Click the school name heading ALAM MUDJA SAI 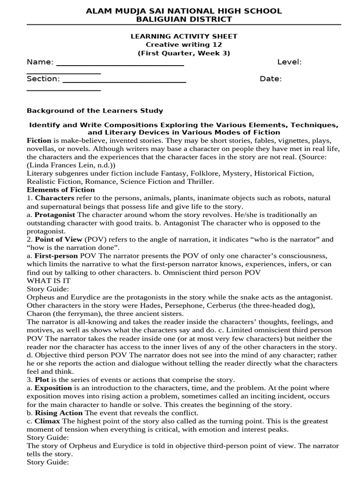pyautogui.click(x=183, y=11)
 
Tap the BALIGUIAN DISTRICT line pyautogui.click(x=184, y=19)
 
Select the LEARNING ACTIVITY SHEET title pyautogui.click(x=184, y=36)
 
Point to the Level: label pyautogui.click(x=289, y=62)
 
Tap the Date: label pyautogui.click(x=270, y=79)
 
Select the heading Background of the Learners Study pyautogui.click(x=95, y=111)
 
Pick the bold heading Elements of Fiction pyautogui.click(x=60, y=190)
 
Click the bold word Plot pyautogui.click(x=41, y=379)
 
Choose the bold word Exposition pyautogui.click(x=53, y=388)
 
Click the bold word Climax pyautogui.click(x=46, y=421)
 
